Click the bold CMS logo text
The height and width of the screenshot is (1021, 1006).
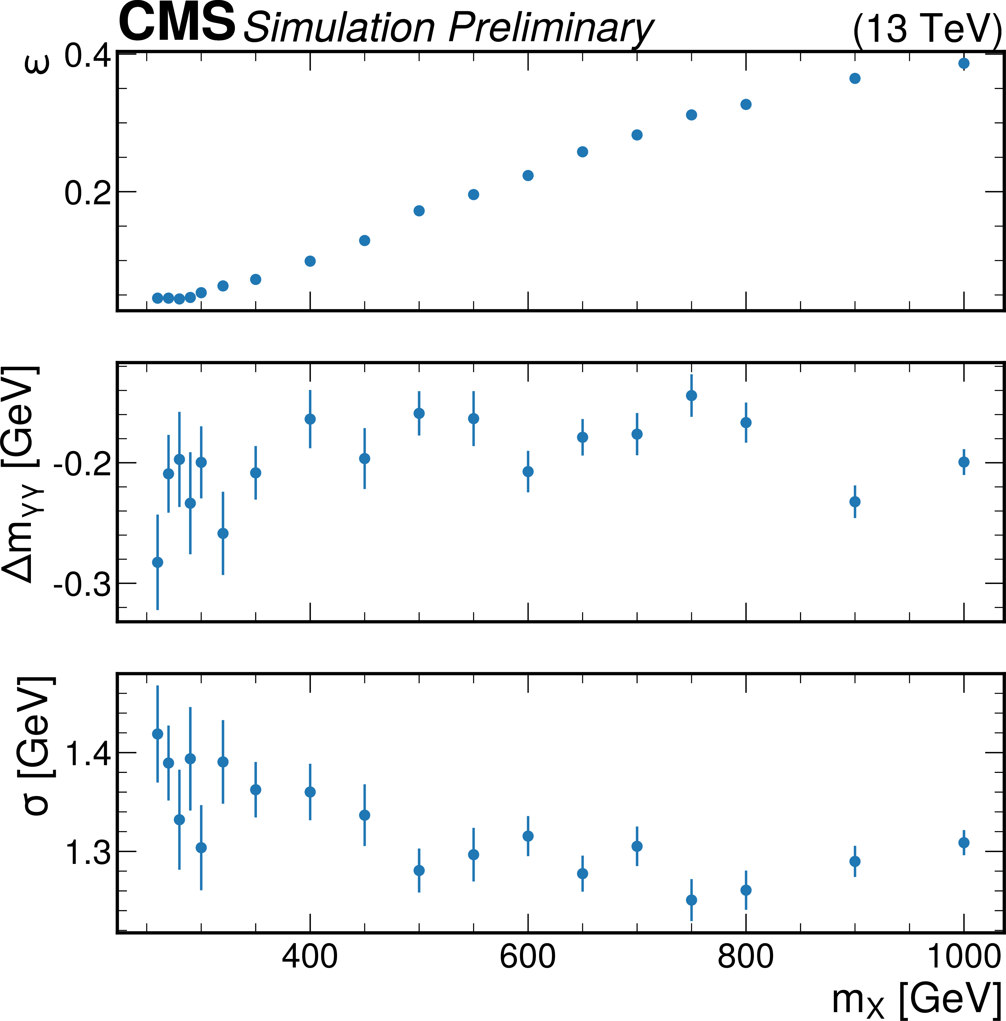[177, 22]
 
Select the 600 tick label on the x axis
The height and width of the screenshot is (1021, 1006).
[528, 957]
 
